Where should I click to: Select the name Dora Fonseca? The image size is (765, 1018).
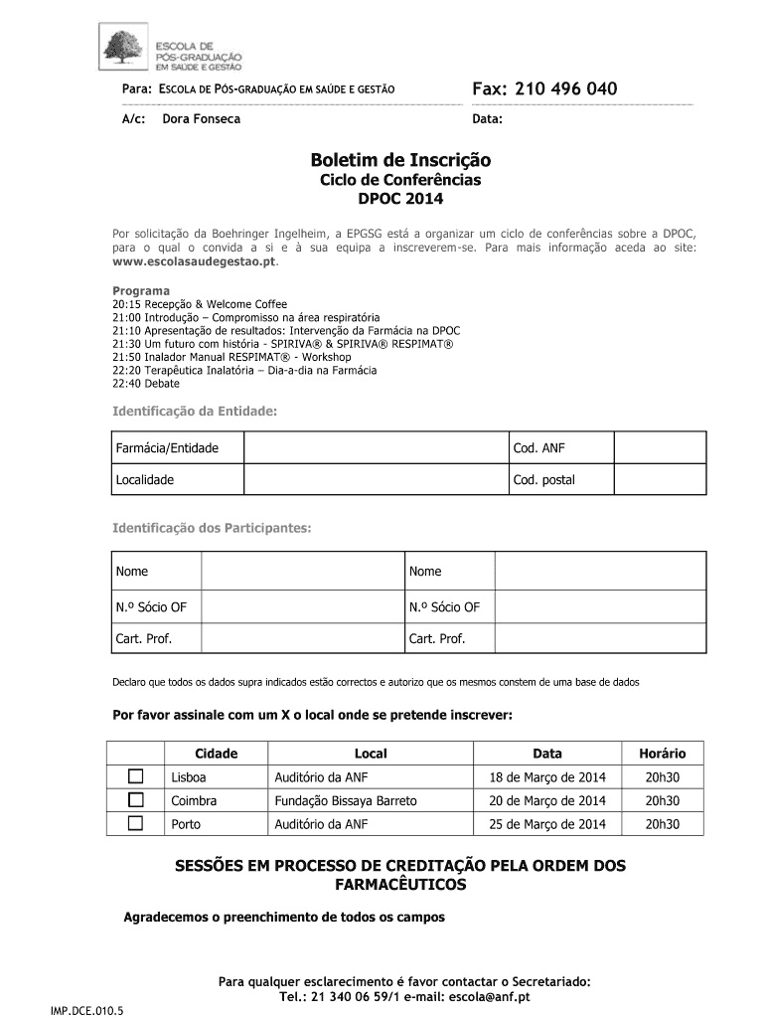tap(201, 119)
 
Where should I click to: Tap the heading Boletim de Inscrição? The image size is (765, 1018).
tap(400, 160)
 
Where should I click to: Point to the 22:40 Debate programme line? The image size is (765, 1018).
tap(146, 384)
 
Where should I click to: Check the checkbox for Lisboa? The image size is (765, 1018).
tap(136, 776)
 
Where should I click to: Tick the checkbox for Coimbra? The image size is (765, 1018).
tap(136, 799)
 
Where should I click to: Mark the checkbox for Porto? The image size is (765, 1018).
tap(136, 823)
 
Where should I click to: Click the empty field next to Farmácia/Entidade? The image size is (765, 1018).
tap(375, 448)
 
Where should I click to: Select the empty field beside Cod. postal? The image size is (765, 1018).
tap(660, 480)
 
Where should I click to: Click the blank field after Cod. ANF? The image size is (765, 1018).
tap(660, 448)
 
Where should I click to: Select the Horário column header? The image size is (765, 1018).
tap(662, 754)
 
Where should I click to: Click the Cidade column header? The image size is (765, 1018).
tap(216, 754)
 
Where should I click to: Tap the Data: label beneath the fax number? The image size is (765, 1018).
tap(488, 119)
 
